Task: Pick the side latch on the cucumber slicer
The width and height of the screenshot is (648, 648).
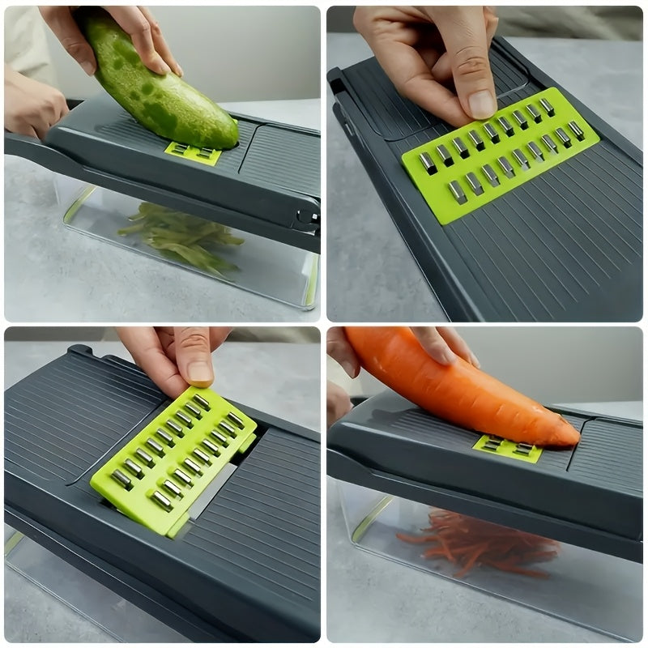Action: click(306, 217)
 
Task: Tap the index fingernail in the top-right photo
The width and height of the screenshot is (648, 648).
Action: click(481, 104)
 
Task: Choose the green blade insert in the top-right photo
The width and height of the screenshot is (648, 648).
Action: click(501, 154)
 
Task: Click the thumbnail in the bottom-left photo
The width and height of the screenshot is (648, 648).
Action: click(200, 371)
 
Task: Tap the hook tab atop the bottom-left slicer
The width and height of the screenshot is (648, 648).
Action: click(81, 351)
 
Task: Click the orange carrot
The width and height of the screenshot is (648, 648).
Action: click(454, 385)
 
